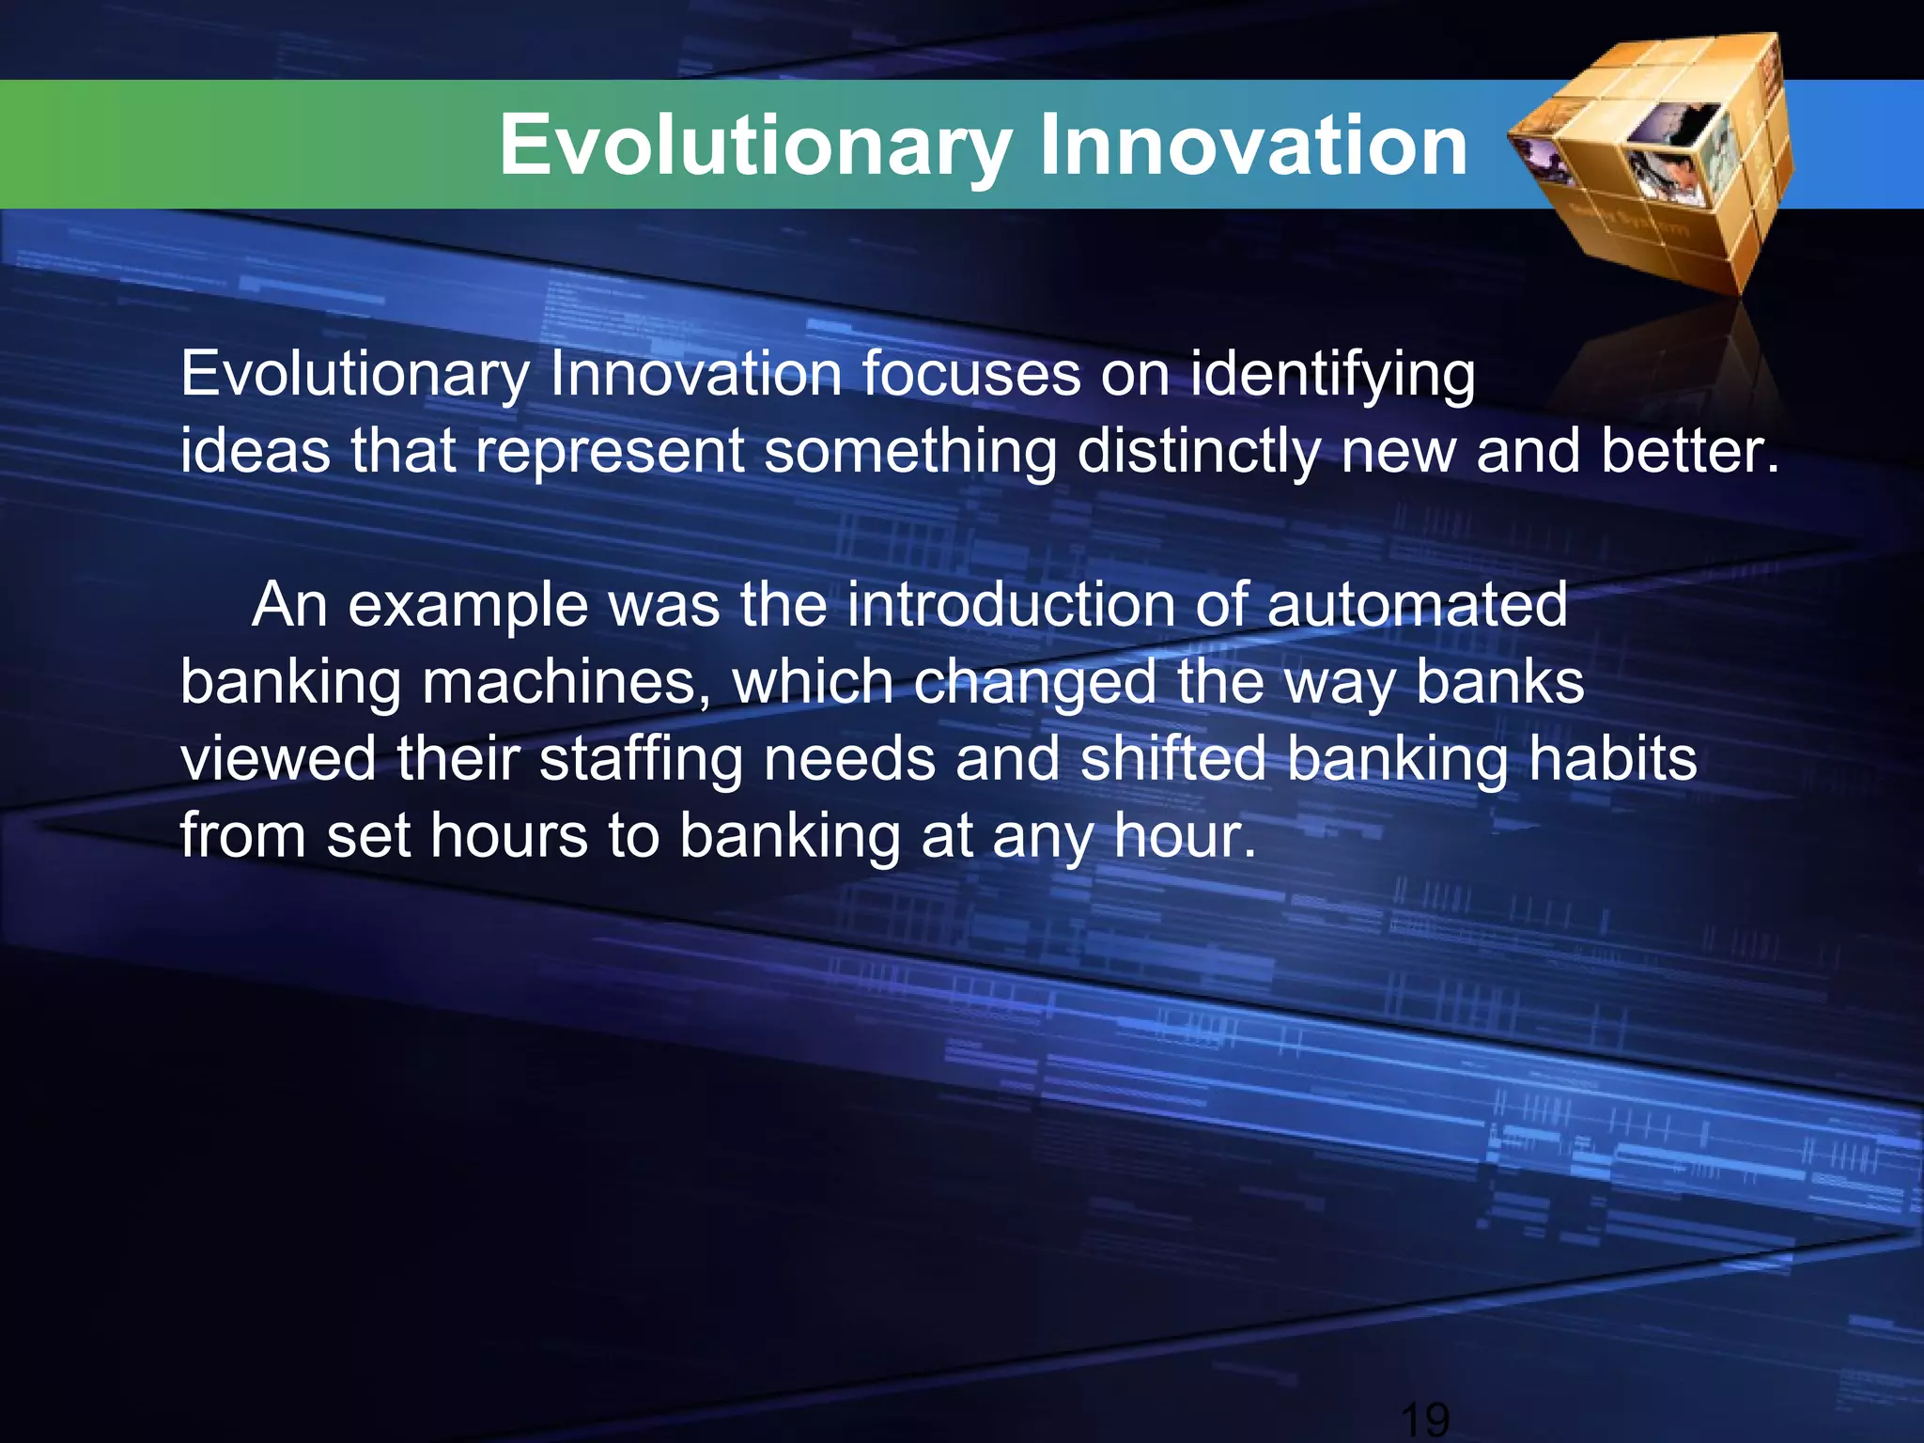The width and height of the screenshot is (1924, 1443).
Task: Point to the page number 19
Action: (x=1424, y=1419)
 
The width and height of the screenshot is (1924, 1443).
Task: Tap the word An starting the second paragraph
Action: (x=289, y=604)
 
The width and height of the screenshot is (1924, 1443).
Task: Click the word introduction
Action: (x=1010, y=604)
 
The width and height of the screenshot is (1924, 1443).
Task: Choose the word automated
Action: (x=1417, y=604)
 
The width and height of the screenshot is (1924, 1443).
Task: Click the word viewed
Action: (x=278, y=758)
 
